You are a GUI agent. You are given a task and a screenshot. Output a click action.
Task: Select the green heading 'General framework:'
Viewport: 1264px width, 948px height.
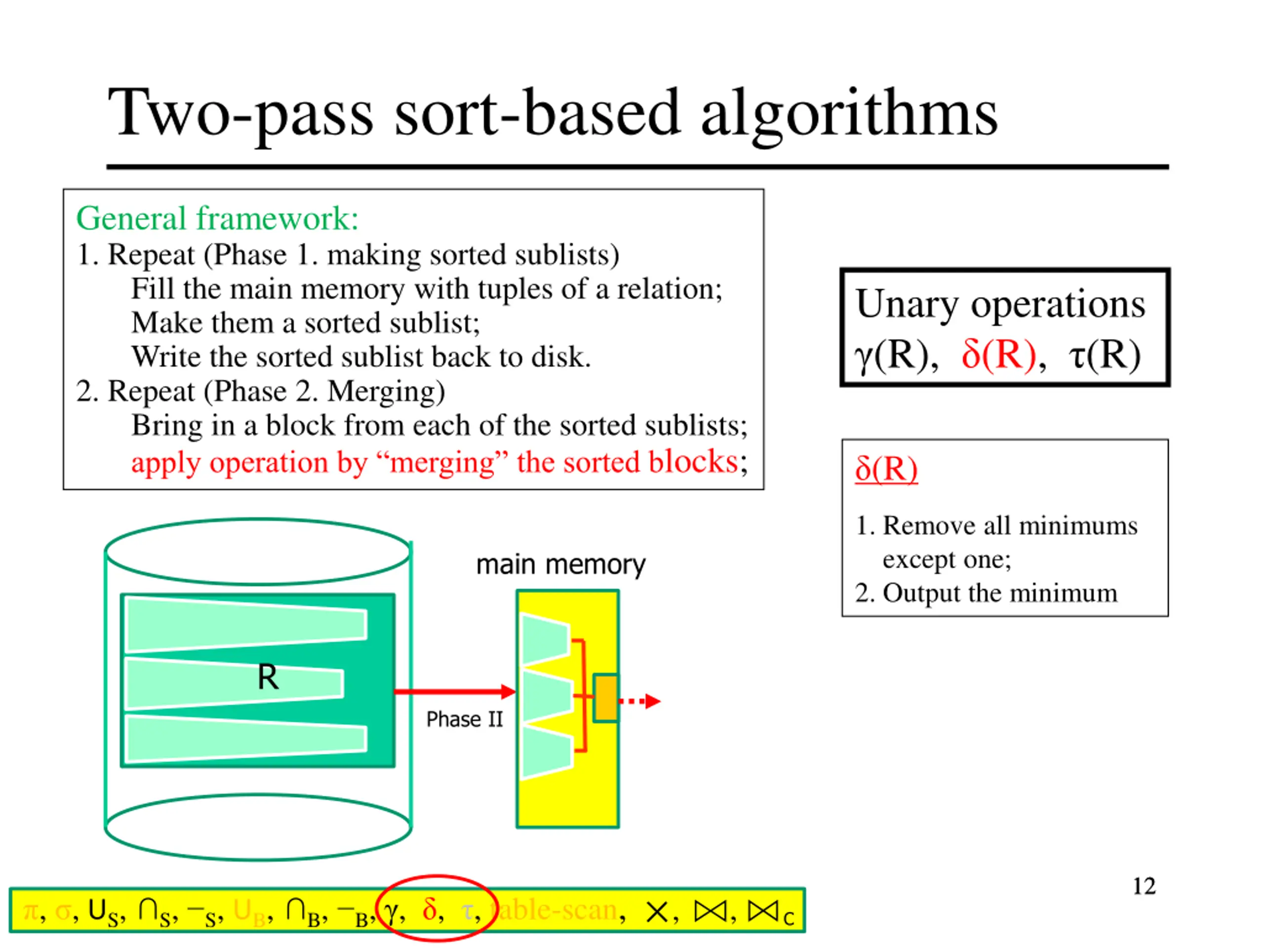[x=217, y=219]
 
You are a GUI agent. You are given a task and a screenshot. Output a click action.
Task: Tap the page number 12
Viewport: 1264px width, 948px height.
[x=1144, y=886]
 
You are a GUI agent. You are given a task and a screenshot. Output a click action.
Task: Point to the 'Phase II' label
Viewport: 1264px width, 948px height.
[x=464, y=719]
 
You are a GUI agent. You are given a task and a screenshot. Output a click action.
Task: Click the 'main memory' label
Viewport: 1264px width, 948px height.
[x=560, y=564]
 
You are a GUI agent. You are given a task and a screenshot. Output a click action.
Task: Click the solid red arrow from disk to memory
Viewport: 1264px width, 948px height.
[x=454, y=691]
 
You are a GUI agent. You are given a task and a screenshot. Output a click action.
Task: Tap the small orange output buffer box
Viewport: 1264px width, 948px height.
[x=605, y=698]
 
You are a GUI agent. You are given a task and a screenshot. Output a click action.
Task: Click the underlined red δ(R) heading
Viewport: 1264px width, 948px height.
[x=886, y=469]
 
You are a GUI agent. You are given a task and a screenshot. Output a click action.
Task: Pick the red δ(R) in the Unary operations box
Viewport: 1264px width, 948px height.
[x=998, y=355]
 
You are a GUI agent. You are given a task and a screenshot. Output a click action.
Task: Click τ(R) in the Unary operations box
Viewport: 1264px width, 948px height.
[x=1105, y=355]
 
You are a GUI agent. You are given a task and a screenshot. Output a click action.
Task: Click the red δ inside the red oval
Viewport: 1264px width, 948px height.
[x=430, y=908]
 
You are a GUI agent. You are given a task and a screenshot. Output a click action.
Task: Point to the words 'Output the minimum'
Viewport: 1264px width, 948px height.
[x=999, y=593]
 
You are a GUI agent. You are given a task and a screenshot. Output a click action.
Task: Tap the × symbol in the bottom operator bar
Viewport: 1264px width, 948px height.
[x=657, y=911]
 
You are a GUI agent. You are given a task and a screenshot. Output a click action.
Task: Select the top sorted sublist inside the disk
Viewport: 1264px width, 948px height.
[x=246, y=625]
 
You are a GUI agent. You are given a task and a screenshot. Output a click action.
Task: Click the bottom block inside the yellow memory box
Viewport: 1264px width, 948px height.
[x=546, y=751]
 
